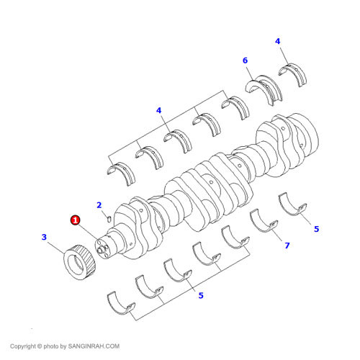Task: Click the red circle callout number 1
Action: click(x=74, y=220)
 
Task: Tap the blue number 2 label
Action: click(x=99, y=205)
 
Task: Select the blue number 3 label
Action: click(x=44, y=237)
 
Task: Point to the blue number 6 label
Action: click(x=245, y=60)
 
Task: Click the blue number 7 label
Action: click(x=287, y=246)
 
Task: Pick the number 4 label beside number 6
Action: click(x=277, y=41)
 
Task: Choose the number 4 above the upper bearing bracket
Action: click(x=158, y=110)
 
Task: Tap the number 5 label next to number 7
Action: click(x=315, y=229)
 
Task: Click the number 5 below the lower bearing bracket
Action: click(x=201, y=294)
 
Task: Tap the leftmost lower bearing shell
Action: click(x=120, y=302)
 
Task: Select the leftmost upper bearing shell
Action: click(x=119, y=171)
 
